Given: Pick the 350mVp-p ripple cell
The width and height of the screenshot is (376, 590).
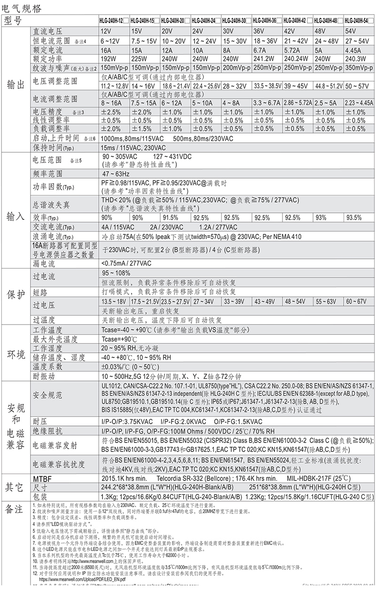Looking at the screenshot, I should [x=360, y=68].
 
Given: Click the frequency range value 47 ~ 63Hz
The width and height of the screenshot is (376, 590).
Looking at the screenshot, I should [x=115, y=174].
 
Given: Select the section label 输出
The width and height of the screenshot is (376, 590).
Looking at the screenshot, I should [x=15, y=85].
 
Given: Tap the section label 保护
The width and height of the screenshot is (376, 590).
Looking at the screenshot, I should [x=15, y=295].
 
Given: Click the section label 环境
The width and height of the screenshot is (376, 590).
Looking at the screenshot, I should [x=15, y=353].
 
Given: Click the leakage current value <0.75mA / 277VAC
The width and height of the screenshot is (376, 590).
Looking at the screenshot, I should [x=126, y=263].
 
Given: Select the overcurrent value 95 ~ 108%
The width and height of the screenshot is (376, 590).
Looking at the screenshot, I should [x=116, y=273].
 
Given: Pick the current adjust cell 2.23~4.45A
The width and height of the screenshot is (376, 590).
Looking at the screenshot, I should [x=360, y=102].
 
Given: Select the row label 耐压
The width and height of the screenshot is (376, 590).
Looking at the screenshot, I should [x=40, y=421].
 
